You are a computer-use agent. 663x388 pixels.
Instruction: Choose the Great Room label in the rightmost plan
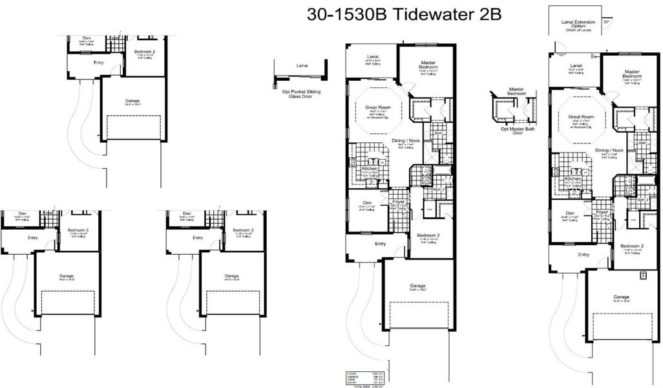tap(581, 117)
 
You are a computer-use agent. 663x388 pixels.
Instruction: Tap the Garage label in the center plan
tap(417, 285)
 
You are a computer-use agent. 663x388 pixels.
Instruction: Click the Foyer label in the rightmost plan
tap(602, 212)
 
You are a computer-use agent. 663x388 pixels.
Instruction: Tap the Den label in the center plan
tap(366, 202)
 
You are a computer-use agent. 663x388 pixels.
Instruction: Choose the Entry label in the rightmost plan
tap(584, 255)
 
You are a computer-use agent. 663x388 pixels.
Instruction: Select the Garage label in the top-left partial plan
tap(132, 101)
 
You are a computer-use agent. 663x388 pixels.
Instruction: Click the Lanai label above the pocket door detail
tap(302, 66)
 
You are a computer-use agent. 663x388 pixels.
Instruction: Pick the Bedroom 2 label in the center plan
tap(428, 235)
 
